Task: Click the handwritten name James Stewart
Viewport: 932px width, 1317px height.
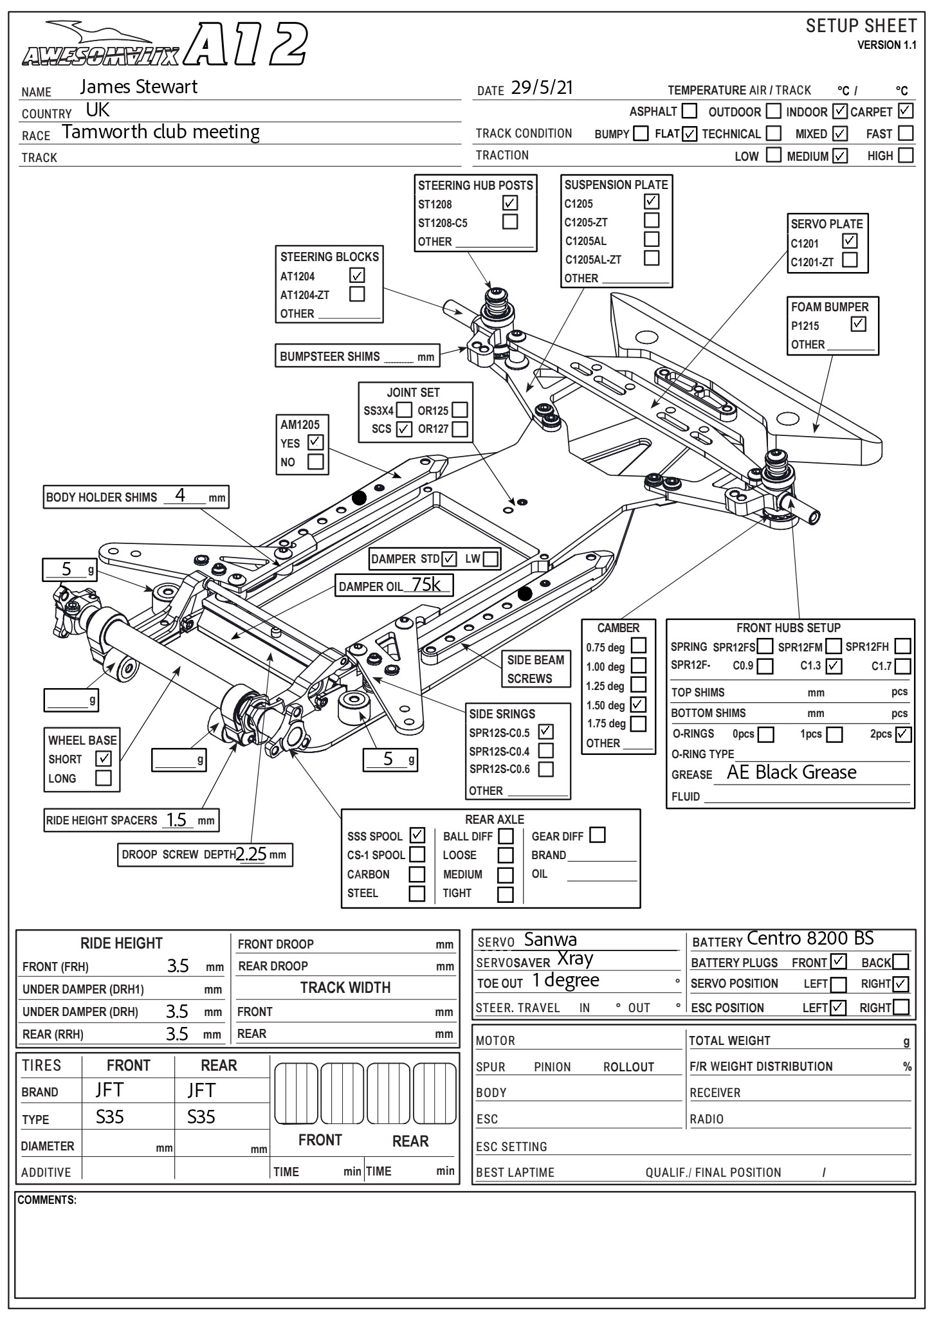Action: click(138, 87)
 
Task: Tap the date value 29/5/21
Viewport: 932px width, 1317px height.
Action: click(542, 88)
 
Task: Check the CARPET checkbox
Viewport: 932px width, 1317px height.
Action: click(906, 111)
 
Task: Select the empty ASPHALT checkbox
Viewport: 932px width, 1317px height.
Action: click(689, 111)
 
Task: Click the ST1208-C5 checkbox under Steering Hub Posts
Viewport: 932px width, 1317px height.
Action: click(510, 222)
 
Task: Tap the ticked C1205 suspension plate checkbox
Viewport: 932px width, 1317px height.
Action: click(652, 202)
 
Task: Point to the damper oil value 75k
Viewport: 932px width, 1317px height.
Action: click(427, 585)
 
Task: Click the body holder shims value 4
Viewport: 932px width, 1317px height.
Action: click(180, 495)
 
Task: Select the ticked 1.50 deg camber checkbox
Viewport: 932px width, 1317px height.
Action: click(638, 704)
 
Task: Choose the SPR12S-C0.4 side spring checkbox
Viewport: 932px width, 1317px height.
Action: click(545, 750)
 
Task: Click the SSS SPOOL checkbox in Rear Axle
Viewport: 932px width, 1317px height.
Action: click(417, 835)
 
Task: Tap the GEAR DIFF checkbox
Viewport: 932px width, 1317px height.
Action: click(598, 835)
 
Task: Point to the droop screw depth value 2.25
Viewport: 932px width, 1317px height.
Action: click(251, 854)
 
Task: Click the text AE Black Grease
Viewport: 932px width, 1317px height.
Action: click(791, 772)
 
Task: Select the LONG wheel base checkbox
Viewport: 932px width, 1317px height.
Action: click(103, 778)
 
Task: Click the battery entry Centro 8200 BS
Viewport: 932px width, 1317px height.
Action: click(810, 939)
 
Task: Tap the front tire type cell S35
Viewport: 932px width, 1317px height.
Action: click(109, 1117)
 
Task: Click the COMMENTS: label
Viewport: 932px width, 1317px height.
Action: click(47, 1200)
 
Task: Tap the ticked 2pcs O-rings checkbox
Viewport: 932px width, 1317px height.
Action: click(903, 734)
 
